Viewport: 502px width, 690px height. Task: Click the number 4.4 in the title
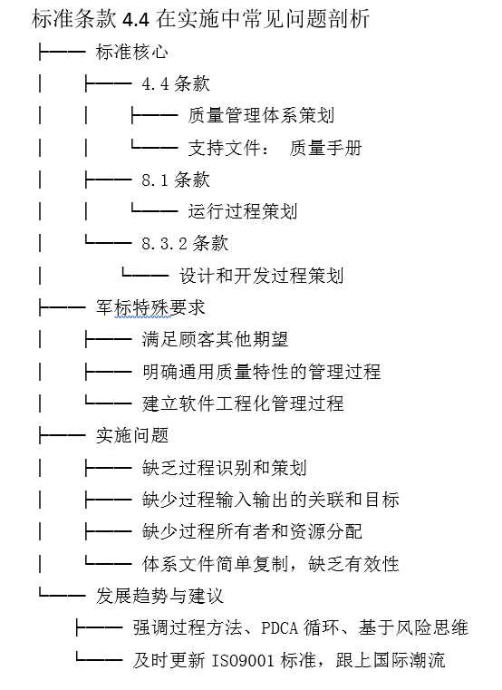[x=136, y=20]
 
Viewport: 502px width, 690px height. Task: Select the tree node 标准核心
[x=132, y=52]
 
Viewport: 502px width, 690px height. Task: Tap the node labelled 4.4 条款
[x=176, y=83]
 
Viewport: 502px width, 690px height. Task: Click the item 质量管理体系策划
[x=261, y=116]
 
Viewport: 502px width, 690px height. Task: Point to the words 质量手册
[x=325, y=148]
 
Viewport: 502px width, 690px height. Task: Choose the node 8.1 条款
[x=176, y=180]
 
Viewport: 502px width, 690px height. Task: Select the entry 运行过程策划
[x=243, y=211]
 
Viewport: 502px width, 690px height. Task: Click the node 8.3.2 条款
[x=185, y=243]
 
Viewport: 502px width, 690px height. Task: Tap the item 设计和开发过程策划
[x=261, y=276]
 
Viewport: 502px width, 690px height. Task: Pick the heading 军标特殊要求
[x=150, y=307]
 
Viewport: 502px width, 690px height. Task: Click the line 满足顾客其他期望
[x=215, y=340]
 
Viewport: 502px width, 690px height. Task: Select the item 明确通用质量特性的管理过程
[x=261, y=372]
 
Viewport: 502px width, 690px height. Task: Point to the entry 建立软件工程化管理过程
[x=243, y=403]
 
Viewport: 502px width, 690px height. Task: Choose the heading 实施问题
[x=132, y=435]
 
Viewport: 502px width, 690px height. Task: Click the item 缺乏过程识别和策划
[x=224, y=468]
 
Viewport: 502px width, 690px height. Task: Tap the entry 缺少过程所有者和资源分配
[x=252, y=531]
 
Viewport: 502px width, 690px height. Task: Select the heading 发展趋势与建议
[x=159, y=596]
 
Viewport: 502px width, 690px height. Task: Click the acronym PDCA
[x=279, y=628]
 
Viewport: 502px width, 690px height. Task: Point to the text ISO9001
[x=244, y=660]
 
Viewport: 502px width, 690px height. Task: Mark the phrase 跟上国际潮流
[x=391, y=660]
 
